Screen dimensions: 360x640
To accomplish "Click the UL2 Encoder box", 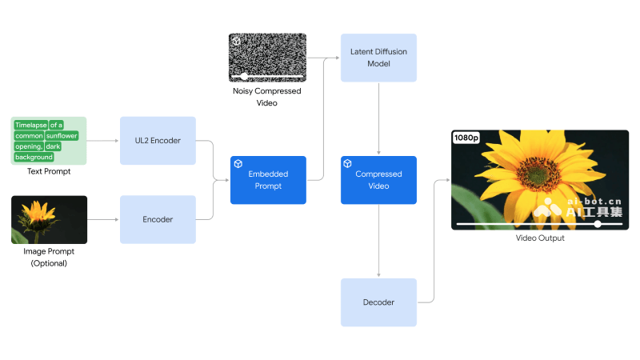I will [158, 141].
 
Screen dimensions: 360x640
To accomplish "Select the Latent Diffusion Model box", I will [378, 58].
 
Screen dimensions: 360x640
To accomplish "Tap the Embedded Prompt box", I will [268, 180].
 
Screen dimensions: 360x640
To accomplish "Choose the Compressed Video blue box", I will [378, 180].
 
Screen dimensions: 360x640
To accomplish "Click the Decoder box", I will [378, 302].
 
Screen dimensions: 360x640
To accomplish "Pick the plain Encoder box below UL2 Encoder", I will [158, 219].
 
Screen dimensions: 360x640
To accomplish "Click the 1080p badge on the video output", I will [466, 138].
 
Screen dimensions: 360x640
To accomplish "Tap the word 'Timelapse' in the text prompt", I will [30, 125].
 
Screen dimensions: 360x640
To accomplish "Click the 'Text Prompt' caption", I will [49, 171].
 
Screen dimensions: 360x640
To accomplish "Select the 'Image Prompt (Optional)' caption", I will [49, 258].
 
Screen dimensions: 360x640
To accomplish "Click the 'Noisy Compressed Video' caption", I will [267, 97].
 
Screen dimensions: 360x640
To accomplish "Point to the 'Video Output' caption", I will [540, 238].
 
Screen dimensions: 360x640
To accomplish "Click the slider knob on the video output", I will [598, 224].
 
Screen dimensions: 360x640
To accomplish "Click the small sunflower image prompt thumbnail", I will [49, 219].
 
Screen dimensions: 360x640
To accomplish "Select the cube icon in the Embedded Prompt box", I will [238, 163].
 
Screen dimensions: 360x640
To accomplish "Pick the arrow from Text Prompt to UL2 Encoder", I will [102, 141].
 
